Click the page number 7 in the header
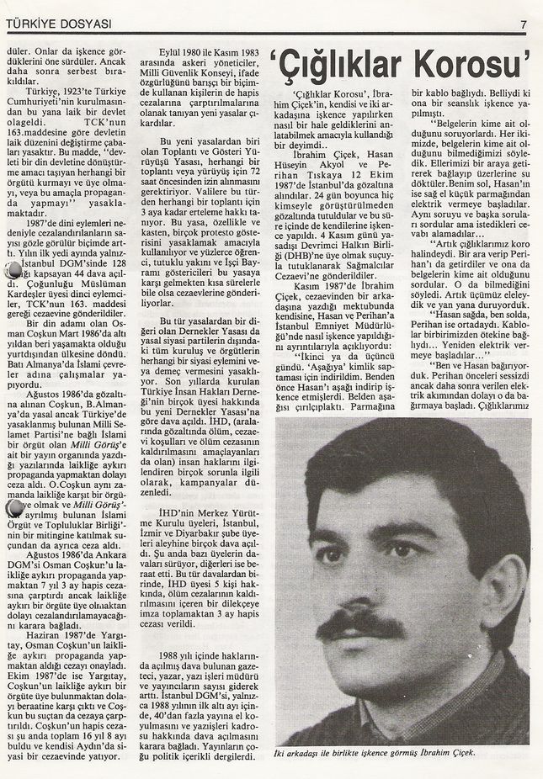[523, 24]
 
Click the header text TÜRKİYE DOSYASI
[57, 24]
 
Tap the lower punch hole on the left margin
[13, 508]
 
